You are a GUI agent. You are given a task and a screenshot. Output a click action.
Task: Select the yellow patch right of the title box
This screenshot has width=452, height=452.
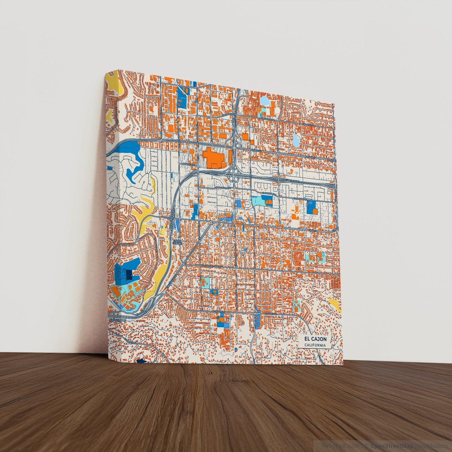335,304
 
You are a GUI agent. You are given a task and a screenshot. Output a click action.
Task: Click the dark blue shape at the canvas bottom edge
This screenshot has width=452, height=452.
141,361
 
